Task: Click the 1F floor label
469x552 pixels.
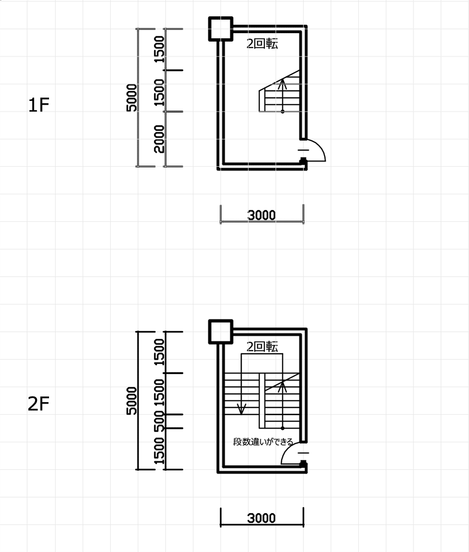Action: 38,105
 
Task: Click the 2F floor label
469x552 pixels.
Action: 38,404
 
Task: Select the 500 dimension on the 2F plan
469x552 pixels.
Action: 159,421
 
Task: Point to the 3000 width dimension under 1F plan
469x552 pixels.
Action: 261,215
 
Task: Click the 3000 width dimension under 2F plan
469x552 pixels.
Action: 261,518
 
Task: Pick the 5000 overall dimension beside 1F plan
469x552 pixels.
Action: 131,98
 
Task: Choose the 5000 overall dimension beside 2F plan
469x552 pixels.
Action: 131,401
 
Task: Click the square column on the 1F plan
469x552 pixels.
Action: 221,28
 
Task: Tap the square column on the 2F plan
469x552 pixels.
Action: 221,332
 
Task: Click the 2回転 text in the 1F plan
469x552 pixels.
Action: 263,43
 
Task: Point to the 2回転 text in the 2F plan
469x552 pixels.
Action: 263,347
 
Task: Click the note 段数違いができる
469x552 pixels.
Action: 263,441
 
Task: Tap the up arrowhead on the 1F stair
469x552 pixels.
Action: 282,84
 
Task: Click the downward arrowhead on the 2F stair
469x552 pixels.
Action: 242,410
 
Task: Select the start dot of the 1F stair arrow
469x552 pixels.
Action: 283,112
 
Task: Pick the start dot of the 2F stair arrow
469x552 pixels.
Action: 283,428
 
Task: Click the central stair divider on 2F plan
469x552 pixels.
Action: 262,401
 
